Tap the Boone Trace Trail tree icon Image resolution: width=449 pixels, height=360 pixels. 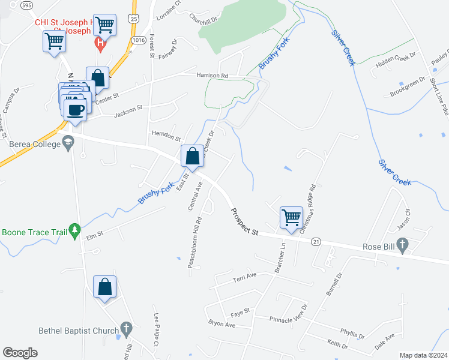click(74, 230)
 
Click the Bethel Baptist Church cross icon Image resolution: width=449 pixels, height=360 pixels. click(125, 328)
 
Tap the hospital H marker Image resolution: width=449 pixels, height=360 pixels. click(101, 43)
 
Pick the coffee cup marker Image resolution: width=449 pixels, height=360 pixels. click(76, 109)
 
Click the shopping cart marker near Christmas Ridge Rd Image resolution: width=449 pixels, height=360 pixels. click(291, 217)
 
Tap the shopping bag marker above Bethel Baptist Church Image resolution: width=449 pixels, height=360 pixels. click(105, 287)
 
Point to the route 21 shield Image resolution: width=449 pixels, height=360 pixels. click(315, 241)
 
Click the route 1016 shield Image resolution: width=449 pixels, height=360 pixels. click(139, 40)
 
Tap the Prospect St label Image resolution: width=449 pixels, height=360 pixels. click(244, 222)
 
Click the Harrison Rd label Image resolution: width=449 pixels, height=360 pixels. click(212, 76)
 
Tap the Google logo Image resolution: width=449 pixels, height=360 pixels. click(20, 353)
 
